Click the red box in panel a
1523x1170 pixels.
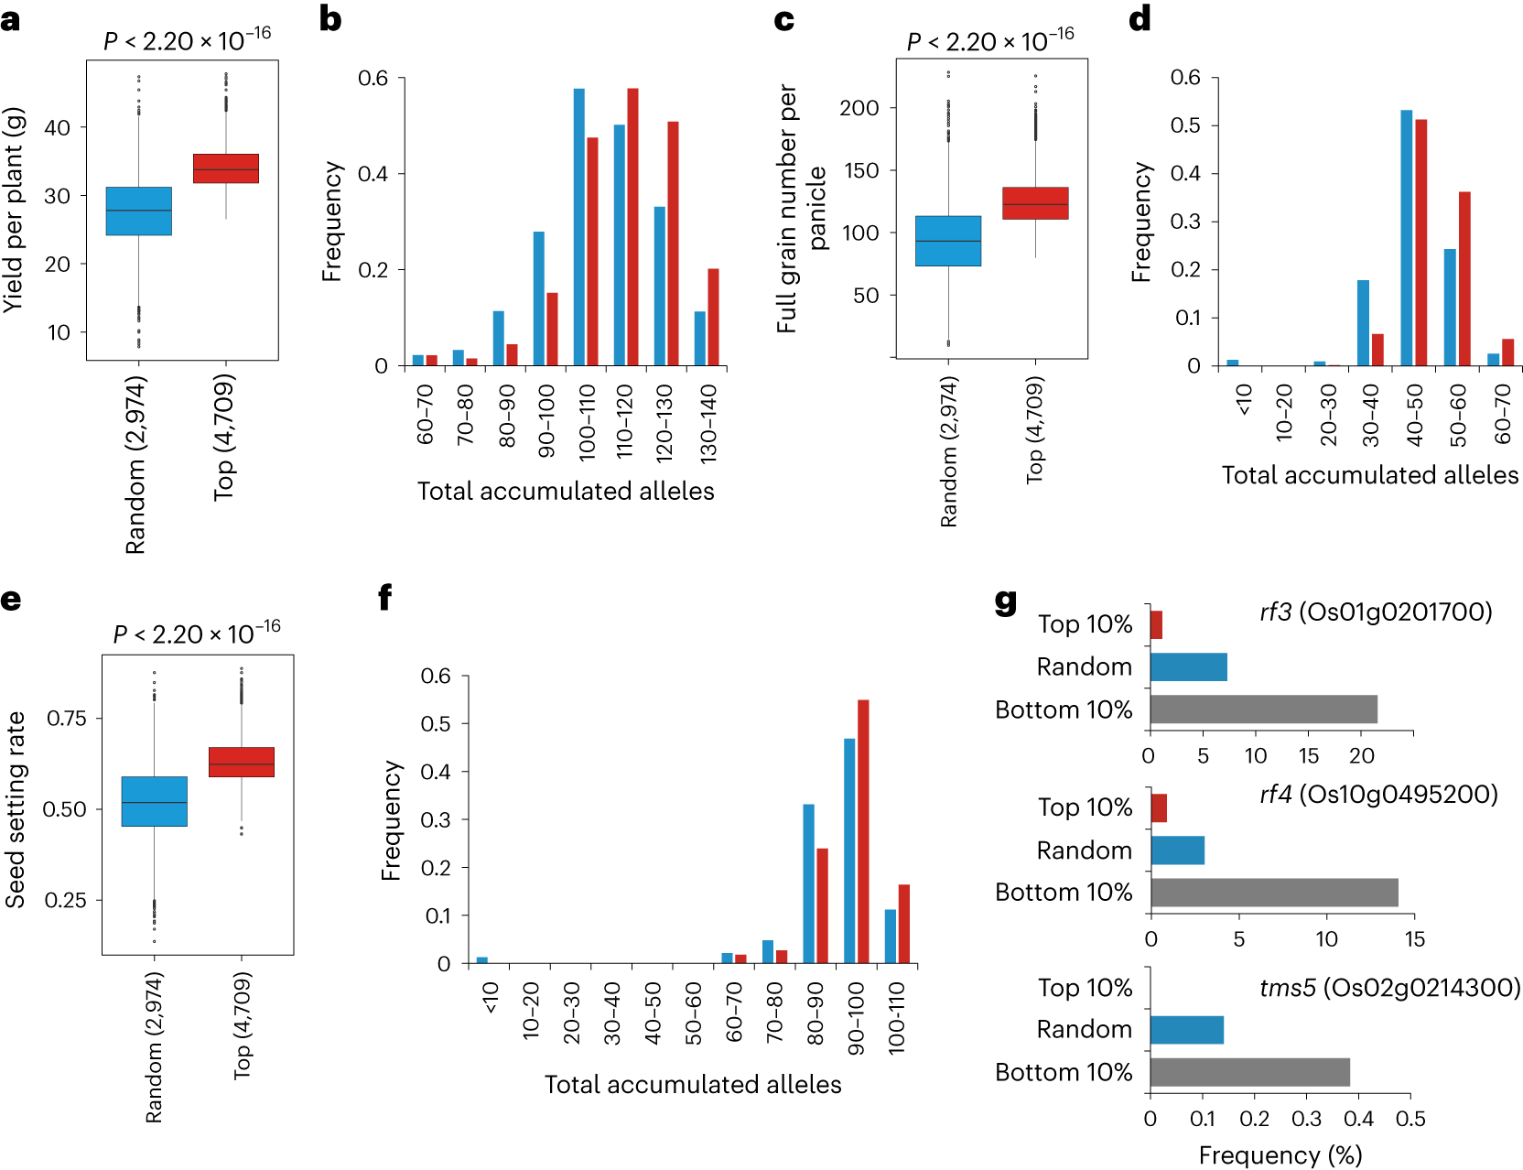click(226, 168)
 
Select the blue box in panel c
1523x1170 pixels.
click(948, 241)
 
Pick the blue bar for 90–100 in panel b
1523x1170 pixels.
click(539, 298)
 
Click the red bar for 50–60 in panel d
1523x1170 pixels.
click(1464, 278)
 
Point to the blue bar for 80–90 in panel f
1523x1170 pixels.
click(808, 883)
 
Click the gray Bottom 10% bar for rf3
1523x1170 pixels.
click(1263, 710)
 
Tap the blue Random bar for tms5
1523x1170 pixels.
click(1186, 1030)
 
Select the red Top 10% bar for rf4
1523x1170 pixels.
click(1159, 808)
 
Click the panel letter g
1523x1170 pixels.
click(1005, 601)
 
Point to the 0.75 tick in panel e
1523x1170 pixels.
click(66, 718)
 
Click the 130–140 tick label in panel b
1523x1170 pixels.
click(707, 422)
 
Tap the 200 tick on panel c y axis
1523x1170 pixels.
click(859, 108)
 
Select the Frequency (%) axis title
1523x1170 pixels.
click(1280, 1154)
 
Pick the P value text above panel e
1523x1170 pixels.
click(197, 633)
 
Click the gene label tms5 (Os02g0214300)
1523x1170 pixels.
click(1389, 988)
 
